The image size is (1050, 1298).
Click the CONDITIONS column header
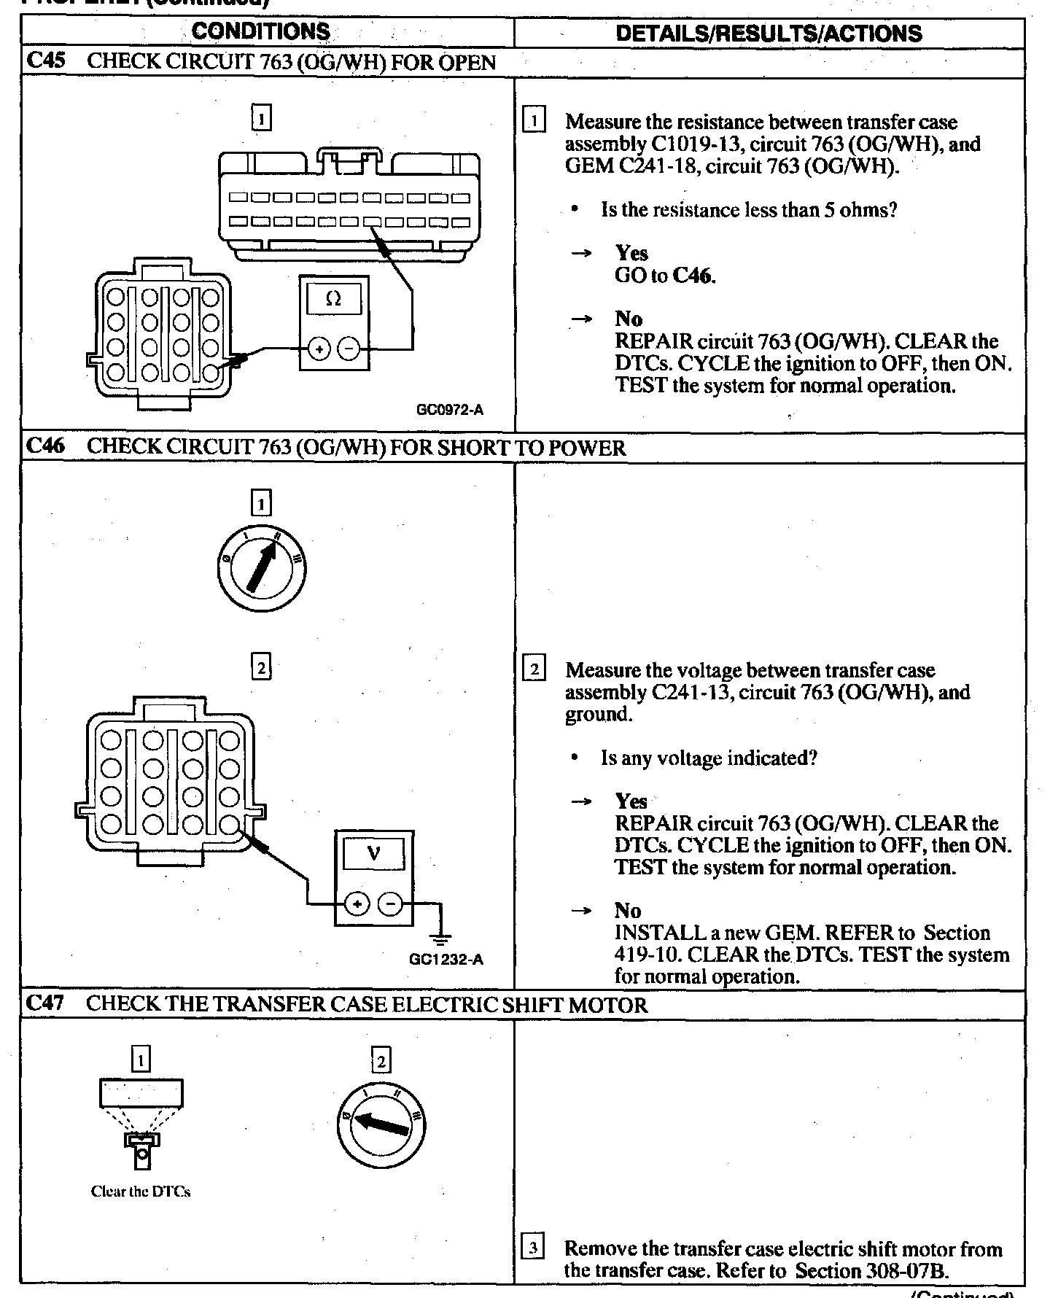pos(261,32)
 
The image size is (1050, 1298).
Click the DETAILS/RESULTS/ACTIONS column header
pos(769,34)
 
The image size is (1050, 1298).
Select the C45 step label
pos(44,61)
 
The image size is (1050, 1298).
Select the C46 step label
pos(44,447)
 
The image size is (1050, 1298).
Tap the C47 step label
pos(44,1004)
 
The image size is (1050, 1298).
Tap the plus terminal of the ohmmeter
pos(319,349)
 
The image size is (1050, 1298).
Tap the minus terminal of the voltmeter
pos(392,905)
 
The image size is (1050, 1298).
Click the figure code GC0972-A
pos(449,410)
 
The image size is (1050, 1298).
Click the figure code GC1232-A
pos(446,960)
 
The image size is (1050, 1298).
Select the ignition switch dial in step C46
pos(262,569)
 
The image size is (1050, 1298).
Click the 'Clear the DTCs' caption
pos(141,1192)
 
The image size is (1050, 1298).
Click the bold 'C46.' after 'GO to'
pos(693,276)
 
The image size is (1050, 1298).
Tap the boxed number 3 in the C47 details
pos(534,1248)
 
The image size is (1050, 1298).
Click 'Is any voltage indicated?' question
pos(708,758)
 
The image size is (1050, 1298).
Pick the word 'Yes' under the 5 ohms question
pos(631,253)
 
